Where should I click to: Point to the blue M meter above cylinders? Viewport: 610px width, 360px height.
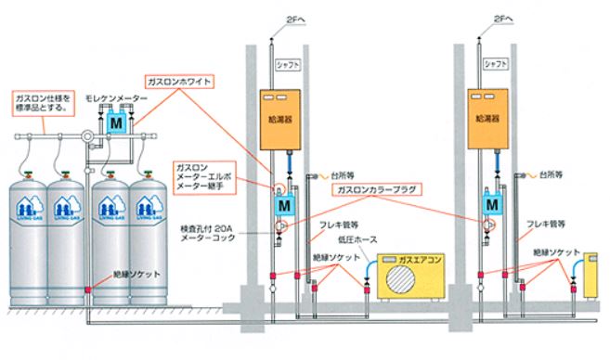(x=114, y=122)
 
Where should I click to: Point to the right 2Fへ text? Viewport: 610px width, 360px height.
(x=504, y=16)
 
